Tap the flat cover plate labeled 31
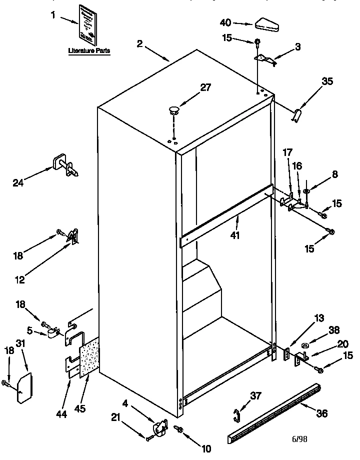click(23, 386)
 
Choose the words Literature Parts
click(89, 51)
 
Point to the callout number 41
click(235, 233)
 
